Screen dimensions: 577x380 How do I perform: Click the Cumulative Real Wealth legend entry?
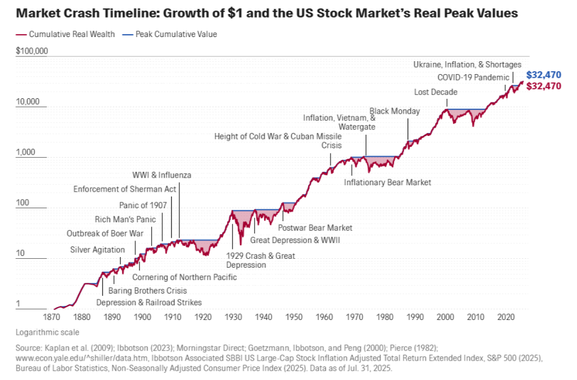click(65, 34)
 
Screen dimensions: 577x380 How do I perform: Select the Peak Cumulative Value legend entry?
click(169, 34)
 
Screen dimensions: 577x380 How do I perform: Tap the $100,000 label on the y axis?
click(32, 51)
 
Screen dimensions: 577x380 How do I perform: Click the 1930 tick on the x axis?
click(234, 317)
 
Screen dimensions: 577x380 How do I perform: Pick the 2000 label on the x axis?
click(445, 317)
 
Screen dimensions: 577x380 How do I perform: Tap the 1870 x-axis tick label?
click(52, 317)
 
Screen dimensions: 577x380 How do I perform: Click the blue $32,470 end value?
click(543, 75)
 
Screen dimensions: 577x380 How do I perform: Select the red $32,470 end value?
click(543, 86)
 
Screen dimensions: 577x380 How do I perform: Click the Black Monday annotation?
click(395, 111)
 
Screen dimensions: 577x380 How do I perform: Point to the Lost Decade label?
click(436, 92)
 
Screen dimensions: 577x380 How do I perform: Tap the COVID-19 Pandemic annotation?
click(473, 78)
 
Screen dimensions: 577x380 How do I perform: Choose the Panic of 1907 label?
click(143, 205)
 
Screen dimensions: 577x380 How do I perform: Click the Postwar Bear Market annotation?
click(315, 228)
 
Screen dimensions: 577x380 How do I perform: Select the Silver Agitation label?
click(98, 250)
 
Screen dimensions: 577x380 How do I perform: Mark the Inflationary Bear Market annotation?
click(388, 182)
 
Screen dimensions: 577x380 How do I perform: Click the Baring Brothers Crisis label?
click(148, 291)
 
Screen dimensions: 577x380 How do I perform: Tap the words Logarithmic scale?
click(48, 332)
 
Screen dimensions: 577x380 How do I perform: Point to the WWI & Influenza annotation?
click(162, 175)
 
